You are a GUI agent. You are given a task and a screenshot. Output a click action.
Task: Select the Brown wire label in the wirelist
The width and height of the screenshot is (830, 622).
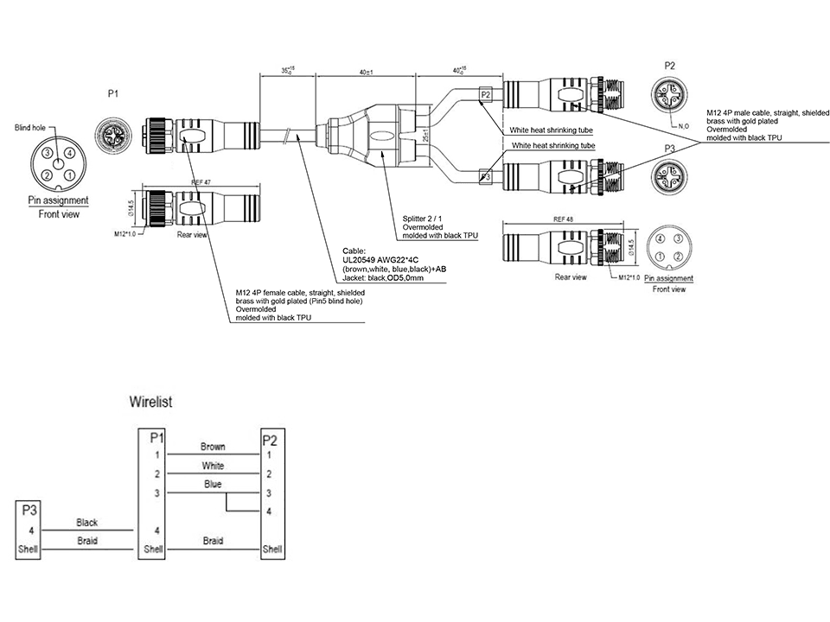coord(213,447)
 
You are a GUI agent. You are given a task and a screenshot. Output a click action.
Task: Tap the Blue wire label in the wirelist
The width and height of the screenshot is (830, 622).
coord(213,485)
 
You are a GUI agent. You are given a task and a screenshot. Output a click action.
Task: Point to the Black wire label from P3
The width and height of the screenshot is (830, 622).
coord(87,523)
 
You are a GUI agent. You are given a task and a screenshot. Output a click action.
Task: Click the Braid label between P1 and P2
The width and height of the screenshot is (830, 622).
coord(213,541)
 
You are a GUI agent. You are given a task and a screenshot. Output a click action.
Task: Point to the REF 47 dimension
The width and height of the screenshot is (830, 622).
coord(202,183)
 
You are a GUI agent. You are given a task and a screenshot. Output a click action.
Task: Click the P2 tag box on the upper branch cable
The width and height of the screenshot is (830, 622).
coord(485,93)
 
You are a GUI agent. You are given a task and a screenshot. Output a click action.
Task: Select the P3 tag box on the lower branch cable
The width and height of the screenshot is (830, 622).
coord(485,177)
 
